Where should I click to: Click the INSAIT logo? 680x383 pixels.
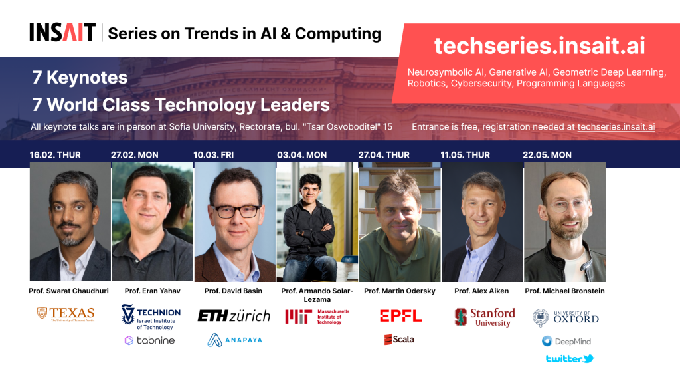point(62,32)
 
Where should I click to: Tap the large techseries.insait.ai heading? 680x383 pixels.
point(539,46)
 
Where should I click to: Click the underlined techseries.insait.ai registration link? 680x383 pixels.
point(616,127)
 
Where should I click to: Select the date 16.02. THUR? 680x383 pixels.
point(55,155)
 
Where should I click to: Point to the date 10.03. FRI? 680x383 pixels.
point(213,155)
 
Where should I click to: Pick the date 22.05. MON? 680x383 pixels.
point(547,155)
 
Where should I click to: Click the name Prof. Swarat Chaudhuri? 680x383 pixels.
point(68,291)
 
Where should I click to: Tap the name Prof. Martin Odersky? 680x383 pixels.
point(399,291)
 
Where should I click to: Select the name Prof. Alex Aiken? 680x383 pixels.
point(481,291)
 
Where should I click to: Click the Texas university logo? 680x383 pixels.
point(66,314)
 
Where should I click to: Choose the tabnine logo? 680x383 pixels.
point(149,340)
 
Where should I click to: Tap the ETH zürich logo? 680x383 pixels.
point(234,316)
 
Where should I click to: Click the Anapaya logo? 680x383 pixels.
point(234,340)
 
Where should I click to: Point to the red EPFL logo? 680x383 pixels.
point(400,316)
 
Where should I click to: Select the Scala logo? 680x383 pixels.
point(399,340)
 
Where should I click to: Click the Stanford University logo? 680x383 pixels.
point(485,317)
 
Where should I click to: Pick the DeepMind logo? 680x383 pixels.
point(566,341)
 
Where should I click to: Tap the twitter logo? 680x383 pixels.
point(570,358)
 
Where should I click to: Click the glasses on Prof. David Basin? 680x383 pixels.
point(236,212)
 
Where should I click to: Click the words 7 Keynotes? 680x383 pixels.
point(80,78)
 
